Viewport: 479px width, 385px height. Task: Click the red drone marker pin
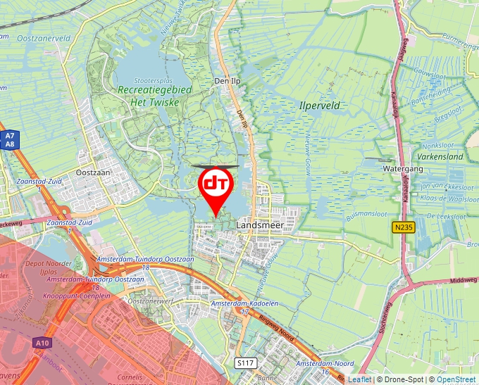click(x=215, y=185)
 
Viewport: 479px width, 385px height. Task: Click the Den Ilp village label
click(x=227, y=82)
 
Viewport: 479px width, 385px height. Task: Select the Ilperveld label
click(x=320, y=106)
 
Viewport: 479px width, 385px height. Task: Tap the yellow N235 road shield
click(x=402, y=227)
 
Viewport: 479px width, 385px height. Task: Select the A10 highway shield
click(x=42, y=343)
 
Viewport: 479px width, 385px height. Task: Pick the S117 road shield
click(x=244, y=362)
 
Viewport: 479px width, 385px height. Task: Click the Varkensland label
click(x=440, y=156)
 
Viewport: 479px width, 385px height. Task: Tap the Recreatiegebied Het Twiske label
click(x=149, y=96)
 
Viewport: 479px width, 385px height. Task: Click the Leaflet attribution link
click(x=359, y=379)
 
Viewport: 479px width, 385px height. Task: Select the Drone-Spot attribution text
click(x=402, y=379)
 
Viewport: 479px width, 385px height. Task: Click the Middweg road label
click(x=463, y=280)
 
